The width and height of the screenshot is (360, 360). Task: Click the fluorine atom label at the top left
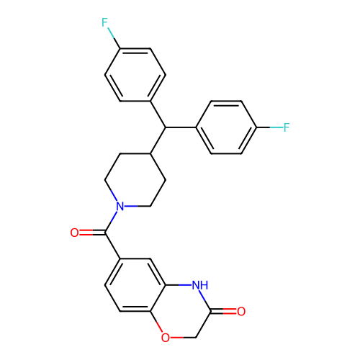click(104, 22)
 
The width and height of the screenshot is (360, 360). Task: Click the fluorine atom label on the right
click(287, 127)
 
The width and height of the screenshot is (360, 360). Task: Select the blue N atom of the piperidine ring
click(120, 206)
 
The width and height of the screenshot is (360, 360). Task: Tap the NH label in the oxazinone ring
click(200, 285)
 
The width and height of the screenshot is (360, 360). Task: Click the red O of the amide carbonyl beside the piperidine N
click(74, 233)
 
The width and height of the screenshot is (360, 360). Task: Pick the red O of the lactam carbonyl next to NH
click(241, 311)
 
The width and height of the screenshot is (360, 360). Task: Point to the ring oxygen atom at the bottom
click(166, 338)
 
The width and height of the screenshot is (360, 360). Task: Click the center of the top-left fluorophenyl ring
click(135, 75)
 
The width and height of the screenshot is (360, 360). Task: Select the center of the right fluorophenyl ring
click(226, 127)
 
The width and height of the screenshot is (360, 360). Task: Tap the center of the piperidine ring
click(135, 180)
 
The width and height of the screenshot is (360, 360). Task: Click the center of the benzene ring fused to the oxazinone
click(135, 285)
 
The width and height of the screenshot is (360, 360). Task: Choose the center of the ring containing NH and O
click(181, 311)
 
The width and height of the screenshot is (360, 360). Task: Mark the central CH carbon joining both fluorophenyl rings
click(166, 127)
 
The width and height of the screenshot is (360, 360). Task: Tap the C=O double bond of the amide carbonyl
click(92, 233)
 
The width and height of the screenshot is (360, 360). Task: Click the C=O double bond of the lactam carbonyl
click(224, 311)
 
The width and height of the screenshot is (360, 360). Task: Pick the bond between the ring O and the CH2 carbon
click(183, 338)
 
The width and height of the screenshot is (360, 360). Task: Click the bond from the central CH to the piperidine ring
click(158, 140)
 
